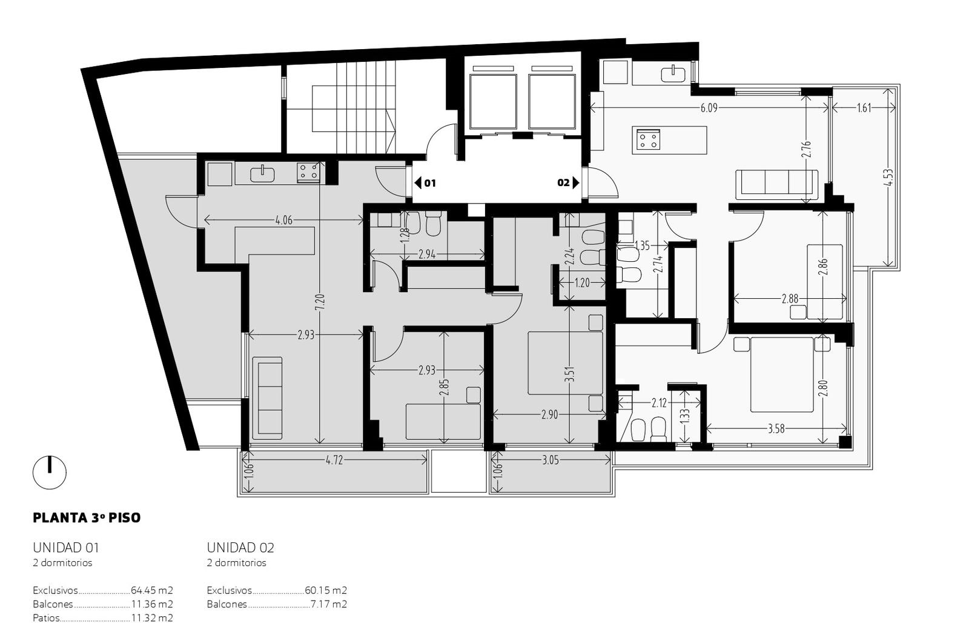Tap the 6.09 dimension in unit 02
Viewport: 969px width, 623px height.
(x=709, y=108)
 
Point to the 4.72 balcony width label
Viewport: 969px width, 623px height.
(x=334, y=460)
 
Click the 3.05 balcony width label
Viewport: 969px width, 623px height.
(x=551, y=460)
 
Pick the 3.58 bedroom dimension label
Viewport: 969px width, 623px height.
(x=776, y=429)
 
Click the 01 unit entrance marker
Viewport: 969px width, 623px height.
(x=425, y=183)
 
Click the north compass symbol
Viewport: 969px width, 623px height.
(x=50, y=472)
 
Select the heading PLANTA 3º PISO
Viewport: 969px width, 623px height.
(x=87, y=518)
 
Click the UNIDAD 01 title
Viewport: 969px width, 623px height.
(x=66, y=548)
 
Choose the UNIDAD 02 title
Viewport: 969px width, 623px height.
(x=240, y=548)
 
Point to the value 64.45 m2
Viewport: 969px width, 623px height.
(x=152, y=590)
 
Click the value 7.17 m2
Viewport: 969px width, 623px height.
(x=329, y=604)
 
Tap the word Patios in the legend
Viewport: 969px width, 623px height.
(x=46, y=618)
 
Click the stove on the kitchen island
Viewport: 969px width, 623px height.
(x=647, y=140)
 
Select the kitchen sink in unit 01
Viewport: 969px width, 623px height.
(x=263, y=173)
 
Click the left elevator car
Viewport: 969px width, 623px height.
(x=493, y=102)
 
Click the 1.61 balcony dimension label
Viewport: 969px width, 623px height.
(x=864, y=108)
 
